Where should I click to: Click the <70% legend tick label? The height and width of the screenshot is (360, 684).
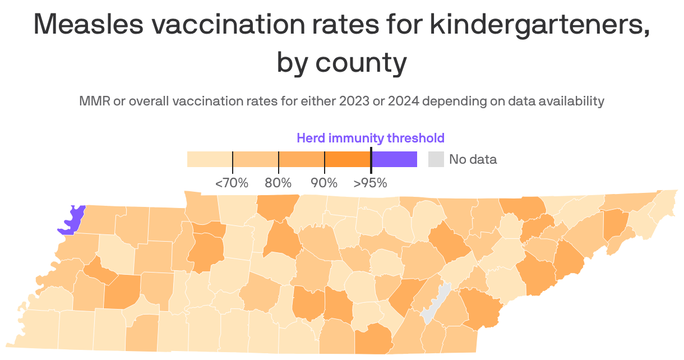pyautogui.click(x=232, y=183)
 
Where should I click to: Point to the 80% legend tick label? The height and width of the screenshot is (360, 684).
pyautogui.click(x=278, y=183)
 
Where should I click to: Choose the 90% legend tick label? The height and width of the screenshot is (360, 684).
pyautogui.click(x=324, y=183)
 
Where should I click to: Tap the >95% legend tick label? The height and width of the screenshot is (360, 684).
pyautogui.click(x=370, y=183)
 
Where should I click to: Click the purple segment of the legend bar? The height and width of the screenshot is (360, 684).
pyautogui.click(x=394, y=159)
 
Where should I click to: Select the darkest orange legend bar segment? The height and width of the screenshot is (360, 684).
pyautogui.click(x=348, y=159)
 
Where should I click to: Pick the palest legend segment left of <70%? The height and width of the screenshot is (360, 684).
pyautogui.click(x=210, y=159)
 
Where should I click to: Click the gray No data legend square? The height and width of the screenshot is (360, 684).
pyautogui.click(x=436, y=159)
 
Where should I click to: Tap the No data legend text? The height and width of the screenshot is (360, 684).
pyautogui.click(x=473, y=159)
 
